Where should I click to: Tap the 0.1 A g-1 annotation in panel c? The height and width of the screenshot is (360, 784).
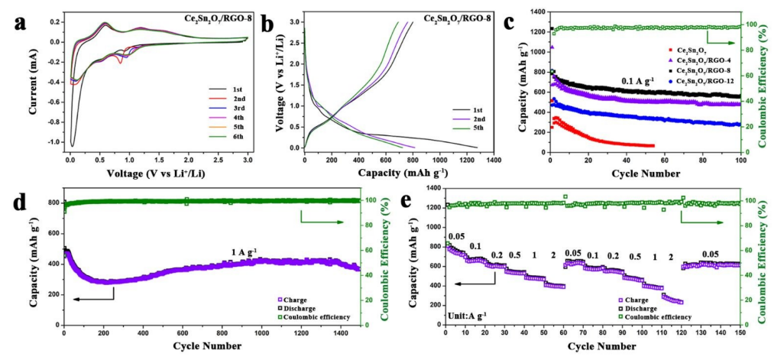click(637, 80)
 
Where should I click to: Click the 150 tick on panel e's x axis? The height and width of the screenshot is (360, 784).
click(740, 335)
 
